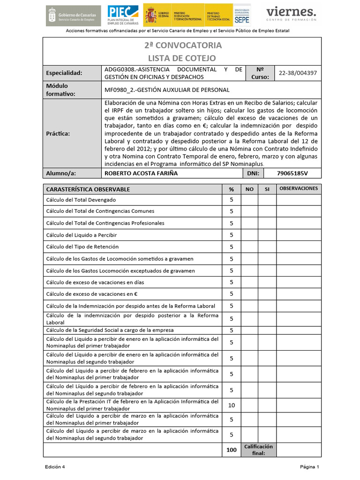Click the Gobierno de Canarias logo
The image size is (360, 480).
coord(73,15)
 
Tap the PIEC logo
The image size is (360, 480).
coord(123,15)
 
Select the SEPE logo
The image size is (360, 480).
coord(242,15)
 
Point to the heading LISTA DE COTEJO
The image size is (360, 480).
coord(182,58)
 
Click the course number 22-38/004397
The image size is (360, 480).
coord(298,73)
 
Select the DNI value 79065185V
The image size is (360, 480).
coord(292,173)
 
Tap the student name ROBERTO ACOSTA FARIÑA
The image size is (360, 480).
coord(141,173)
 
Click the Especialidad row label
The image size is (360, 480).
coord(64,73)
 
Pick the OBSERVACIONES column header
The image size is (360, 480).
coord(299,188)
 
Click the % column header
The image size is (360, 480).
coord(231,189)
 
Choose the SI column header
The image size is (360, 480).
coord(267,189)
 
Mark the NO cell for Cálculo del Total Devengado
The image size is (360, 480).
coord(249,200)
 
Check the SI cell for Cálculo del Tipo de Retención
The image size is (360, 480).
coord(267,247)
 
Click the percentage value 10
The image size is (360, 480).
coord(231,405)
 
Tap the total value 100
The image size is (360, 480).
coord(231,450)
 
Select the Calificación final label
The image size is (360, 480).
coord(258,450)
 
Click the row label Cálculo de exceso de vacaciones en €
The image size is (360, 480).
coord(92,294)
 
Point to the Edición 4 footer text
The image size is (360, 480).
coord(55,467)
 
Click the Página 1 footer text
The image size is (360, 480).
coord(309,467)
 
